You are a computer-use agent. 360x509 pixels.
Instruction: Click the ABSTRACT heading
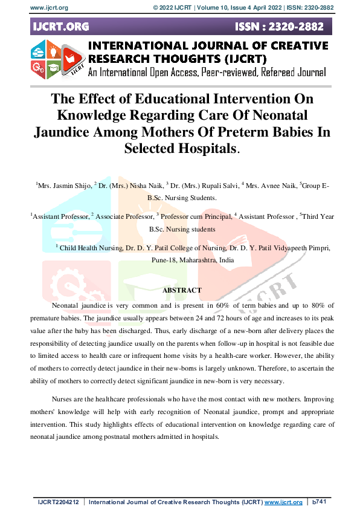[x=182, y=290]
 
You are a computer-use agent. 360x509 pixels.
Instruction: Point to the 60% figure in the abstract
[x=216, y=307]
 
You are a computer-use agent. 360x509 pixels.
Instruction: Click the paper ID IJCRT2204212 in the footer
[x=59, y=502]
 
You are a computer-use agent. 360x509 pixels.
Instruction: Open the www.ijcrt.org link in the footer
[x=283, y=502]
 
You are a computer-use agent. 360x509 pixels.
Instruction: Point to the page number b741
[x=320, y=502]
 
